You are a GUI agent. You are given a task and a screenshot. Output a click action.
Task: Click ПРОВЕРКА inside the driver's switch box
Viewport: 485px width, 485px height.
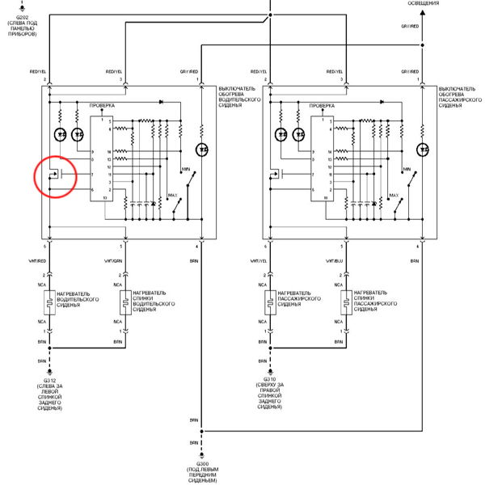(103, 105)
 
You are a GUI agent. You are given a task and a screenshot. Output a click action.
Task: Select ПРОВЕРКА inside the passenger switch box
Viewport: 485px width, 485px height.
(323, 105)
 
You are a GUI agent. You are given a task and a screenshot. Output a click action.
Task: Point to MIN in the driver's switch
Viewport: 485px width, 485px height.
(184, 170)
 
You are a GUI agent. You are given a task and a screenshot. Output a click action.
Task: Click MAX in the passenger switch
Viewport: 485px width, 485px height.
(394, 196)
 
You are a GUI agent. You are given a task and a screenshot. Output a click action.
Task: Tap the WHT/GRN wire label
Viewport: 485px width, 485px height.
(116, 261)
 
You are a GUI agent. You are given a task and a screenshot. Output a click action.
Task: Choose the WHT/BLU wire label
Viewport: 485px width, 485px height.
(337, 261)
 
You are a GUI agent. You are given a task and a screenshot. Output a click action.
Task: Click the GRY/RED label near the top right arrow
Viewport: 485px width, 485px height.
(409, 27)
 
